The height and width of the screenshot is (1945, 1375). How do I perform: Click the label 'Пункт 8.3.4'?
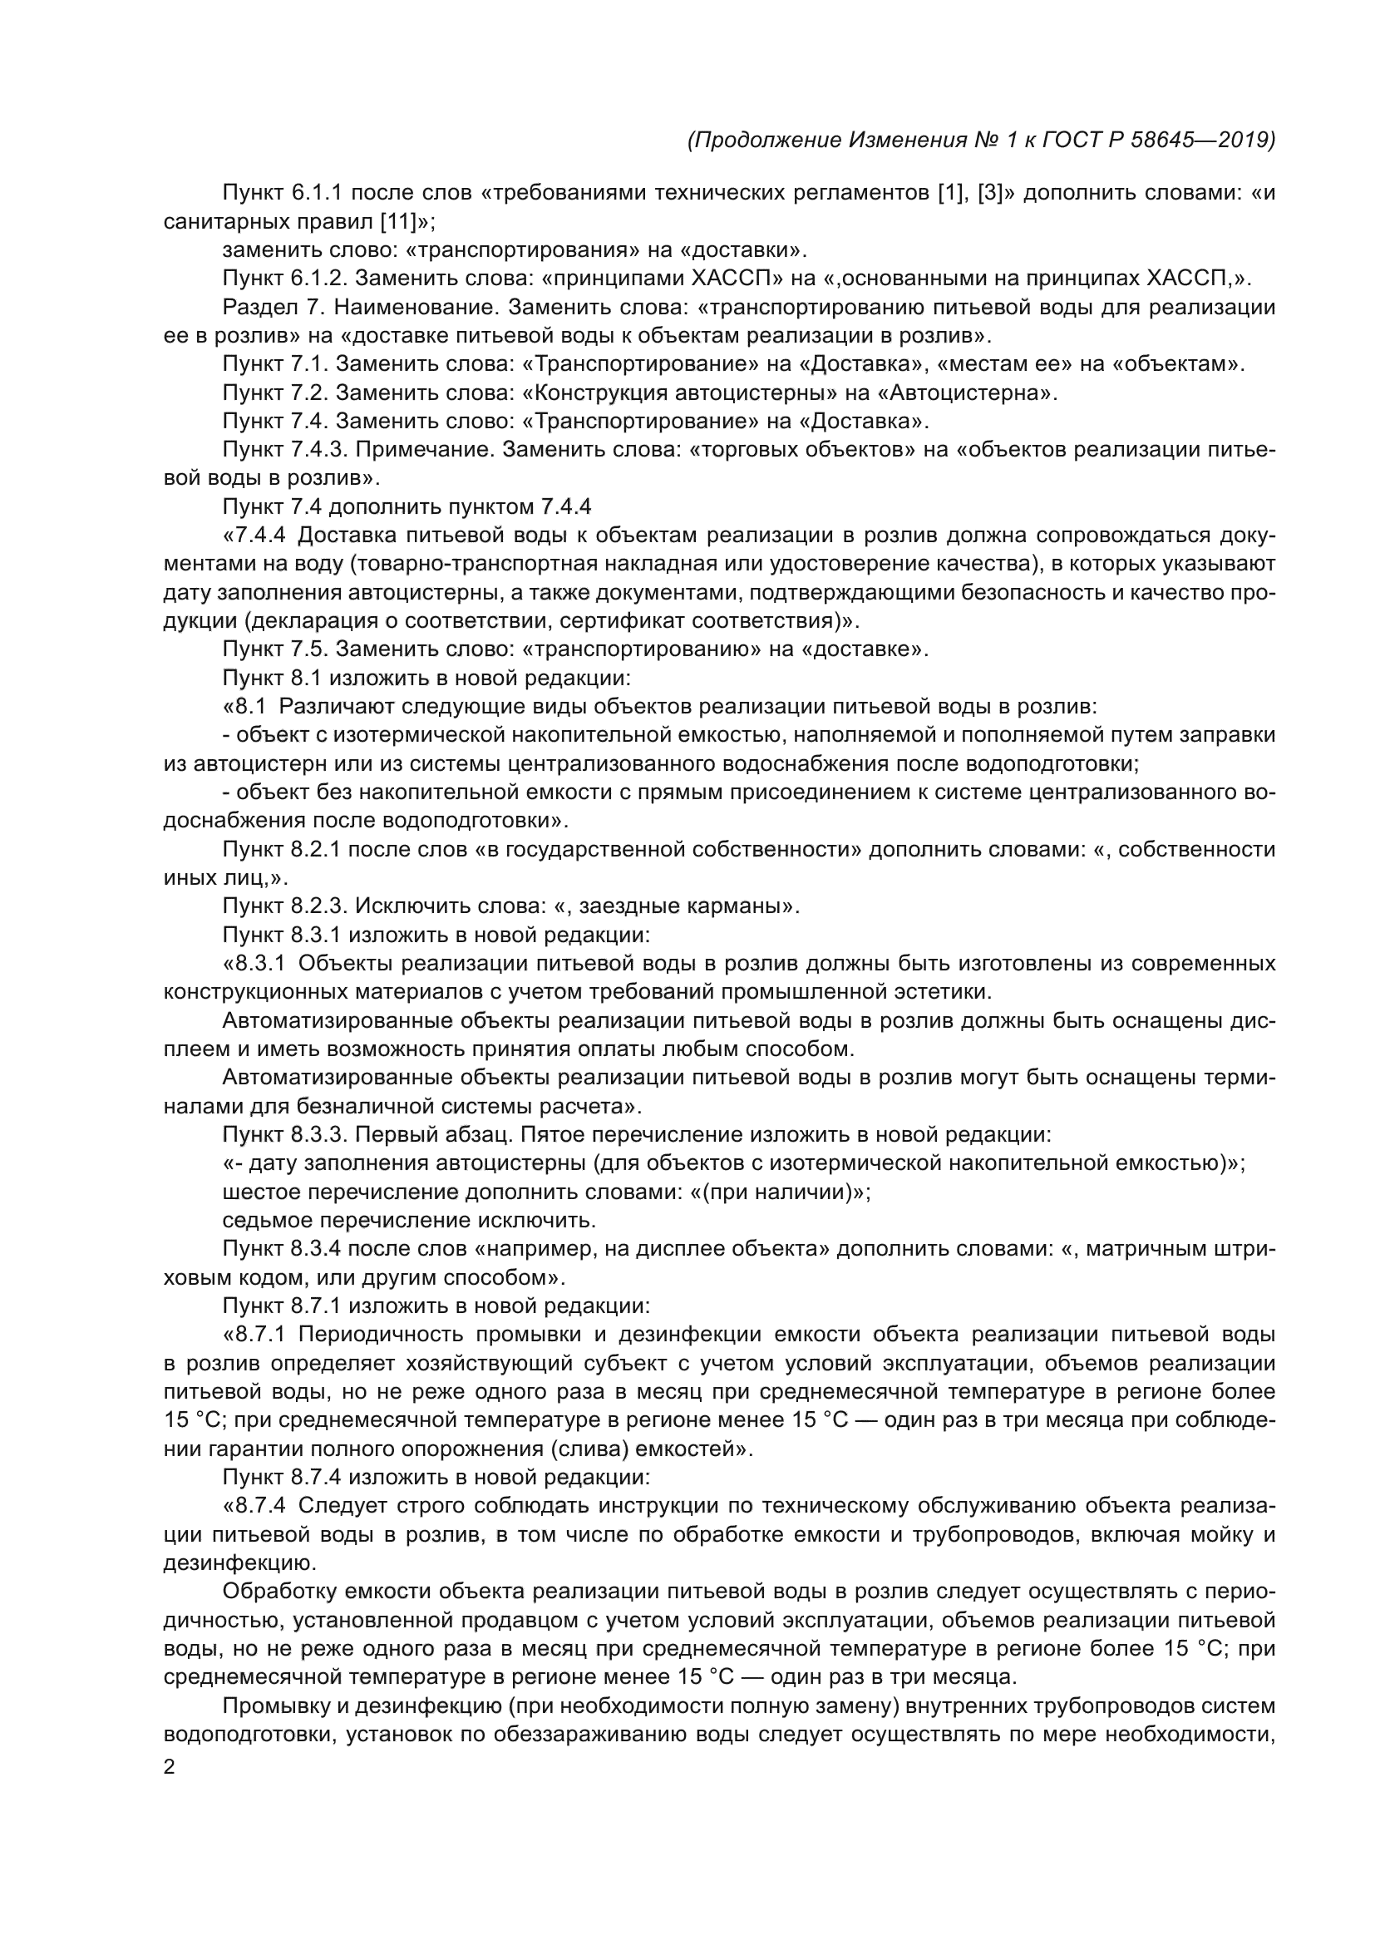(281, 1250)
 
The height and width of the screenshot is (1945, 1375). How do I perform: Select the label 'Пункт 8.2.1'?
(281, 850)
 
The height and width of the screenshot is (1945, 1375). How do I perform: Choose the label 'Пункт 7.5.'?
(276, 649)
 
